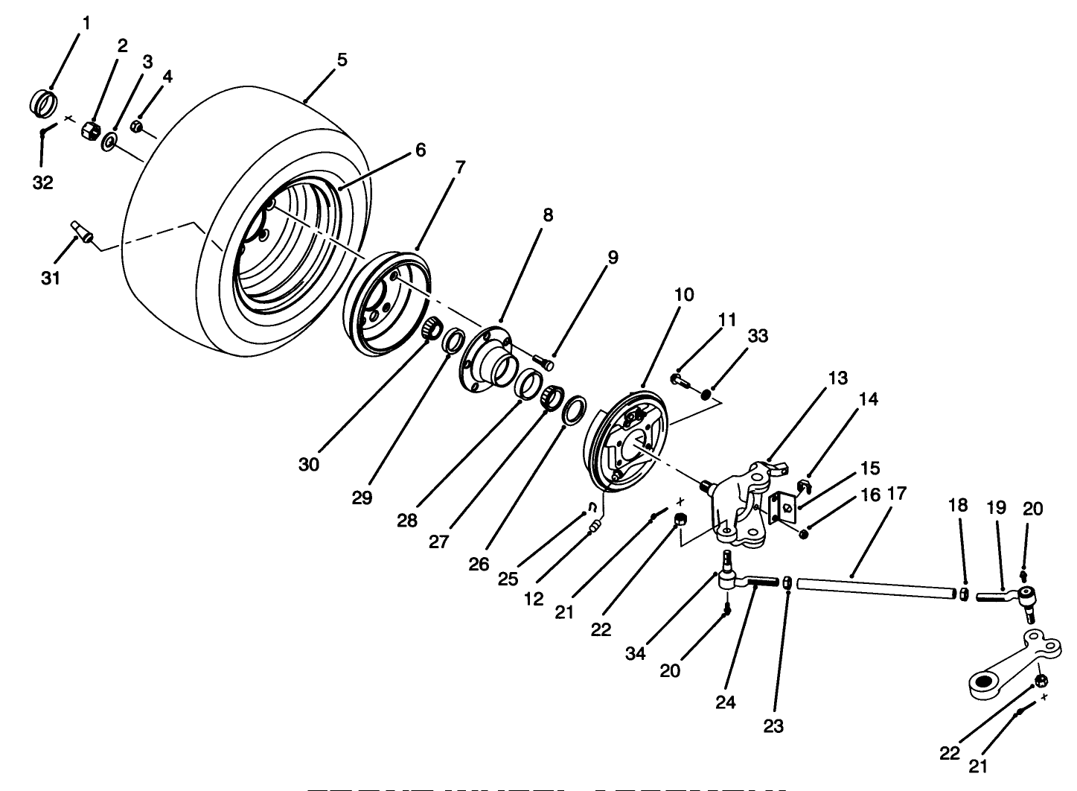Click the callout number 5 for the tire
tap(342, 60)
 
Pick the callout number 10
tap(683, 295)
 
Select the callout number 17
tap(897, 493)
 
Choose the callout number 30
tap(309, 464)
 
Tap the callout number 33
tap(757, 337)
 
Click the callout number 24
tap(726, 702)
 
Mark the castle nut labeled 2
tap(90, 132)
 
